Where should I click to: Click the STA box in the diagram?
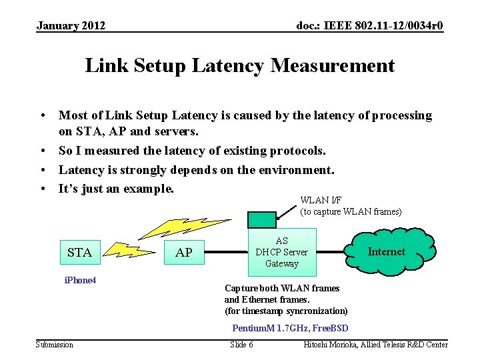click(80, 252)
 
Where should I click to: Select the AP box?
click(184, 252)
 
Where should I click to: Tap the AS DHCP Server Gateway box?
click(282, 252)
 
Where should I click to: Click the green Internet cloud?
click(386, 251)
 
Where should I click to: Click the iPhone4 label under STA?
click(80, 281)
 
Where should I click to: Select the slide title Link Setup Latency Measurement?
click(240, 65)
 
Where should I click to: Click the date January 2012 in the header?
click(71, 26)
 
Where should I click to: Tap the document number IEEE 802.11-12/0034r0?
click(370, 26)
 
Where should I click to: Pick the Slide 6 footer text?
click(241, 344)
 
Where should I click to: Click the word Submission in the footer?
click(55, 344)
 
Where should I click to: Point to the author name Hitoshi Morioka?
click(333, 344)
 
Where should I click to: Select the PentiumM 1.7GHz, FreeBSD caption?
click(290, 328)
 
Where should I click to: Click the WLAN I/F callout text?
click(351, 206)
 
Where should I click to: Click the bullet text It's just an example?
click(116, 189)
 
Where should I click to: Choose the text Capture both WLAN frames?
click(282, 288)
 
